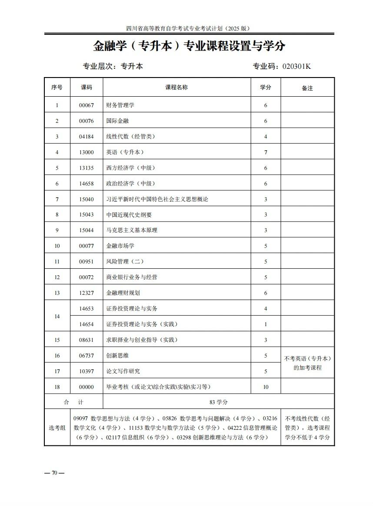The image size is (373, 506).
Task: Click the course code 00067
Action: click(86, 105)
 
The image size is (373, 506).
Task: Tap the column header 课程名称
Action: click(177, 88)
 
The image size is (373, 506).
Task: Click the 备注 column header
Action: click(307, 88)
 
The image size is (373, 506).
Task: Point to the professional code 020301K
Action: click(297, 67)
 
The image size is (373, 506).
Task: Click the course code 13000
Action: click(86, 152)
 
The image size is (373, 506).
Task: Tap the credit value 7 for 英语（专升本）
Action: click(266, 152)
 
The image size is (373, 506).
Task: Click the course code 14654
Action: click(86, 324)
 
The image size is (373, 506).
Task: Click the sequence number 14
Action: click(57, 317)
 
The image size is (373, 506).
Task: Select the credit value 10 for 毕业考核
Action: click(266, 387)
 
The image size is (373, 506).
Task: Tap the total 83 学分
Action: click(219, 402)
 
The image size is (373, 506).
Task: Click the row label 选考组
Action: click(57, 428)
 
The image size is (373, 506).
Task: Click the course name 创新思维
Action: click(117, 356)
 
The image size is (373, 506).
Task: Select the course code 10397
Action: click(86, 371)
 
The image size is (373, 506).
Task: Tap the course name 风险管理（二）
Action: click(125, 262)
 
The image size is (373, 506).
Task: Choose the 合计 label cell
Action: click(73, 402)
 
